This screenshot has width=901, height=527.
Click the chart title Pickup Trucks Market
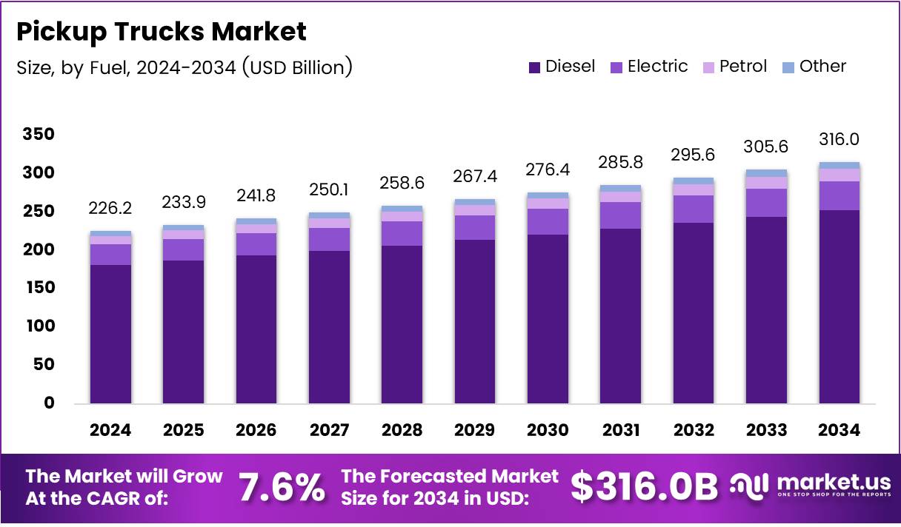click(161, 32)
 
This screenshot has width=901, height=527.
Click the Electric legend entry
click(648, 67)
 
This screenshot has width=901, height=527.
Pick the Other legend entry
click(814, 67)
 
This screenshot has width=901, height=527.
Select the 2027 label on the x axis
click(329, 431)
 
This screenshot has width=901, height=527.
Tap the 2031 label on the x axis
click(620, 431)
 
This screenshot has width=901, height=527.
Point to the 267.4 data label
click(475, 178)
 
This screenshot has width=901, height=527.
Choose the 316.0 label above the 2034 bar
click(840, 140)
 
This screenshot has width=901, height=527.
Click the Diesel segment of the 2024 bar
click(110, 333)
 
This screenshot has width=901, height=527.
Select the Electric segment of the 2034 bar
click(840, 196)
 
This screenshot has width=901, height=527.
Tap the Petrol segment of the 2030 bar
click(548, 204)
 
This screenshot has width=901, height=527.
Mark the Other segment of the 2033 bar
click(766, 173)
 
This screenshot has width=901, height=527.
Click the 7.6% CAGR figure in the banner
click(282, 488)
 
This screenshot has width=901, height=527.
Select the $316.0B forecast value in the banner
click(645, 488)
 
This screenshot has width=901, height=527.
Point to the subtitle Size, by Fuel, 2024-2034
click(184, 67)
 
